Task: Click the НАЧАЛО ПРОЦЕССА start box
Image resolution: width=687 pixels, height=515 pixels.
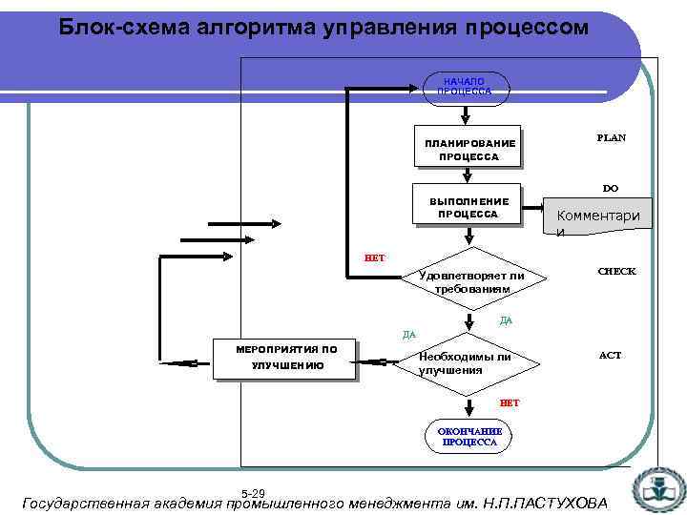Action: (465, 86)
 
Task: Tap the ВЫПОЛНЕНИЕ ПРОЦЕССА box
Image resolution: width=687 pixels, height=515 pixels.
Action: (468, 208)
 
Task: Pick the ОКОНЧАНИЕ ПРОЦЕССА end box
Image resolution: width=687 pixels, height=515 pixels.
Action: (468, 437)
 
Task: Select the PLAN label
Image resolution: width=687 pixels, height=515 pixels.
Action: (611, 137)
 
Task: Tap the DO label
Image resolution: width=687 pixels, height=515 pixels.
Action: (610, 188)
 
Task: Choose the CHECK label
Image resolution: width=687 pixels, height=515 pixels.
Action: (616, 272)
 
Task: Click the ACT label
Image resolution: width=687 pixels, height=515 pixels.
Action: (610, 355)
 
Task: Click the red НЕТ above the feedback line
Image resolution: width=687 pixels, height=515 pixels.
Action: (374, 257)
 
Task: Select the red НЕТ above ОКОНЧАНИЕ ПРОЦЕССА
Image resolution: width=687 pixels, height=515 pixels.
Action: (510, 402)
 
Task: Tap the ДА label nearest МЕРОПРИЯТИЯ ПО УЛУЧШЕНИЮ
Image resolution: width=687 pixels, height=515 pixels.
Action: (409, 334)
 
